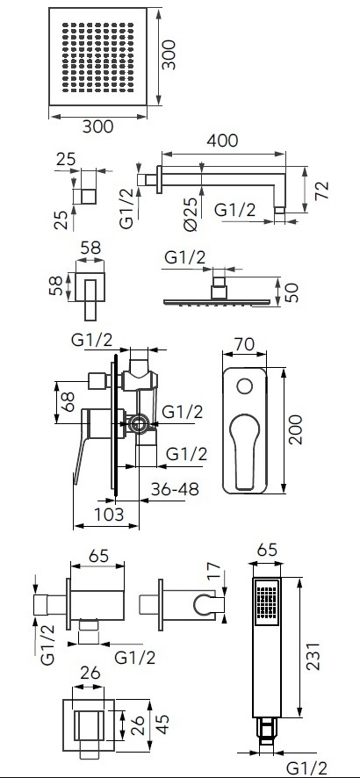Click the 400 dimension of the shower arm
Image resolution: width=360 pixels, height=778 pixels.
222,140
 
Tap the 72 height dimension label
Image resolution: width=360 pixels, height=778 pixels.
322,191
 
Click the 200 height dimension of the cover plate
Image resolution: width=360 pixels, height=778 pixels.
296,429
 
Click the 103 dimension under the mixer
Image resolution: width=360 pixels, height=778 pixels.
109,514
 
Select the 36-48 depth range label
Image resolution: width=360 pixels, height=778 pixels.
175,489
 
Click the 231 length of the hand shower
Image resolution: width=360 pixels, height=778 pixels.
313,656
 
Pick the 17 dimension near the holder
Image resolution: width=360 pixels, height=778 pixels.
213,572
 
